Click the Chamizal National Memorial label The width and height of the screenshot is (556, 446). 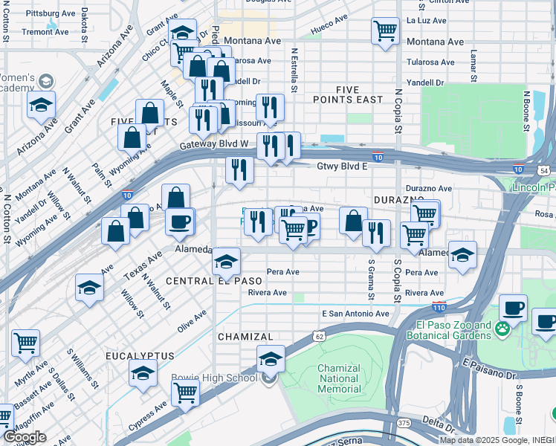click(339, 378)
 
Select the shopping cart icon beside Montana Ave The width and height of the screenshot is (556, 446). click(384, 31)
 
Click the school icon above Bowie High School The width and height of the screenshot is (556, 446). click(271, 359)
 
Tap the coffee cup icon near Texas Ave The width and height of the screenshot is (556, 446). click(178, 221)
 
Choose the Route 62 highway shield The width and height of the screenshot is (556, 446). click(318, 335)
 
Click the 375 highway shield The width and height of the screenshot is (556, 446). click(404, 423)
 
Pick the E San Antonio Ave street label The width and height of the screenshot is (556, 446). click(355, 314)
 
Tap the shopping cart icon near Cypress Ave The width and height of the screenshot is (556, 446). click(185, 391)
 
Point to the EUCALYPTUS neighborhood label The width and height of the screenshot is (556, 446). click(139, 356)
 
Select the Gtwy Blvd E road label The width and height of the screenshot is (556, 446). click(343, 167)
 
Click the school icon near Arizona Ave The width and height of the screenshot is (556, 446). click(42, 105)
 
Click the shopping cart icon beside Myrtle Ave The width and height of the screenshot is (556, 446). click(25, 343)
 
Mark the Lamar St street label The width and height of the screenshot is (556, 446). click(473, 68)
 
